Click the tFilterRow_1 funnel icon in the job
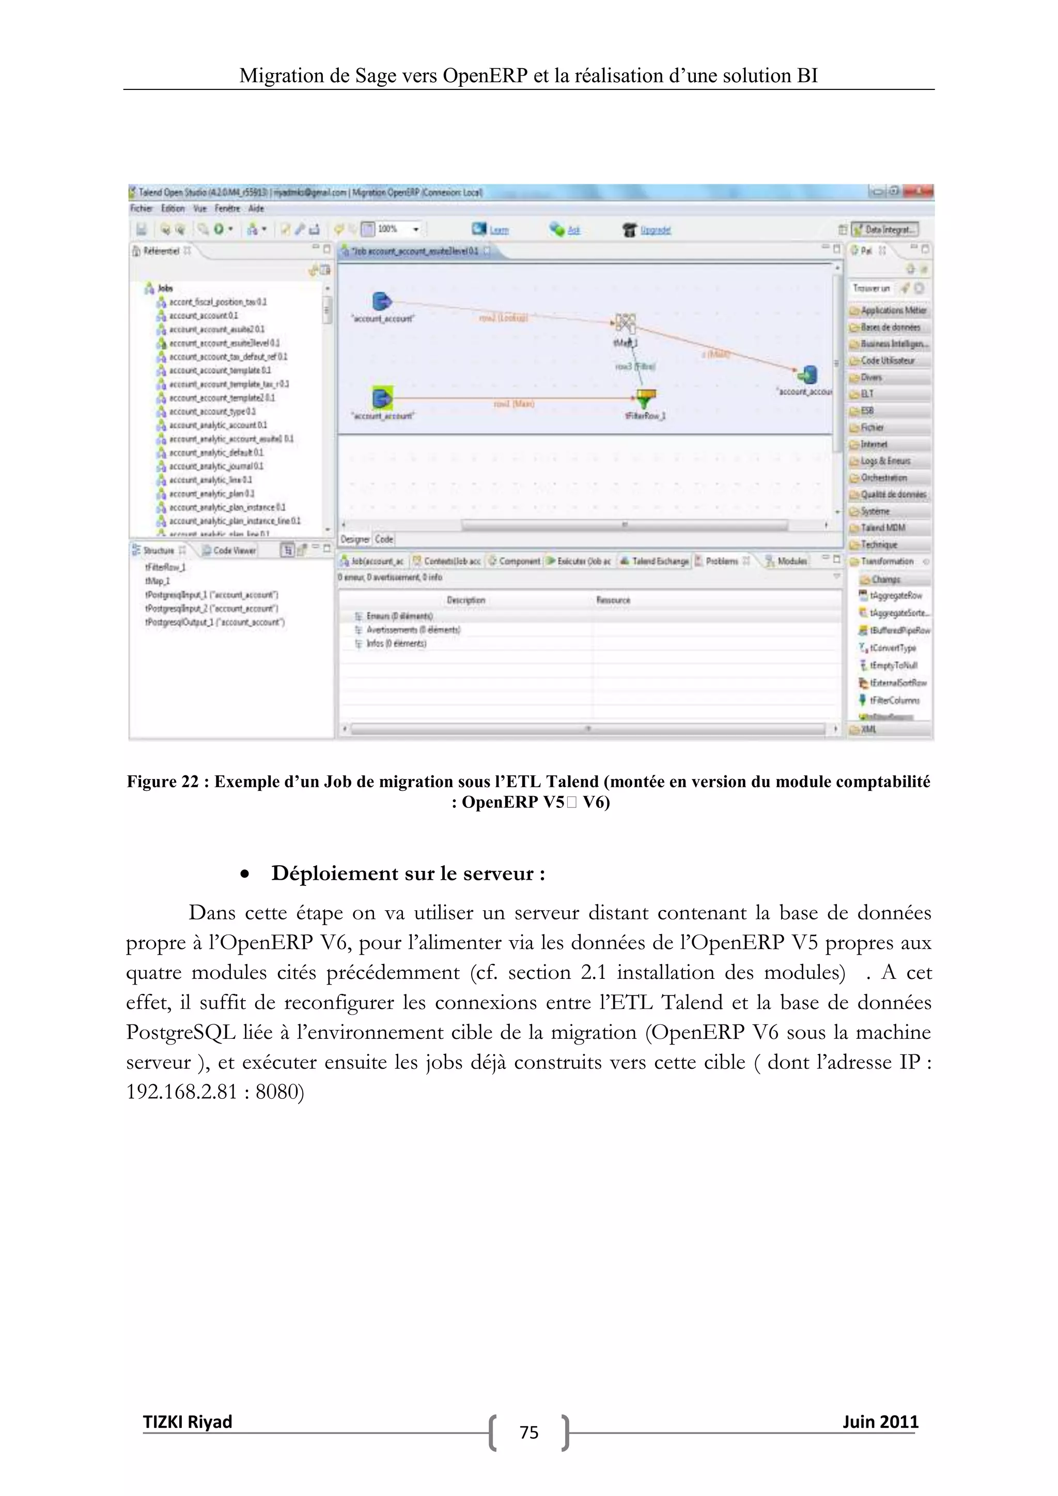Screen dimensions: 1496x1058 click(x=645, y=397)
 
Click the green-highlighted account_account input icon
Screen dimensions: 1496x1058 click(x=382, y=397)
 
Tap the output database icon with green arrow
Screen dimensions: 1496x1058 click(x=808, y=374)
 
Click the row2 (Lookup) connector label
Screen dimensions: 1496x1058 click(x=503, y=317)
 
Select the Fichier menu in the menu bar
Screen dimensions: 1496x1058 click(x=141, y=209)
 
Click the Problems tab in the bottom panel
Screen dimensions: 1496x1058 click(x=721, y=561)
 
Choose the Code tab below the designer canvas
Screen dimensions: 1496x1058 click(x=384, y=539)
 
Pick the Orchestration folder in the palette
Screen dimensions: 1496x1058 click(x=883, y=478)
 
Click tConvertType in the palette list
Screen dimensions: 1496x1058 click(x=893, y=648)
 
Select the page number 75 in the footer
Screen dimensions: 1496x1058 click(x=528, y=1432)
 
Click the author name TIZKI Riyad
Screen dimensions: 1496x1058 click(x=187, y=1421)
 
